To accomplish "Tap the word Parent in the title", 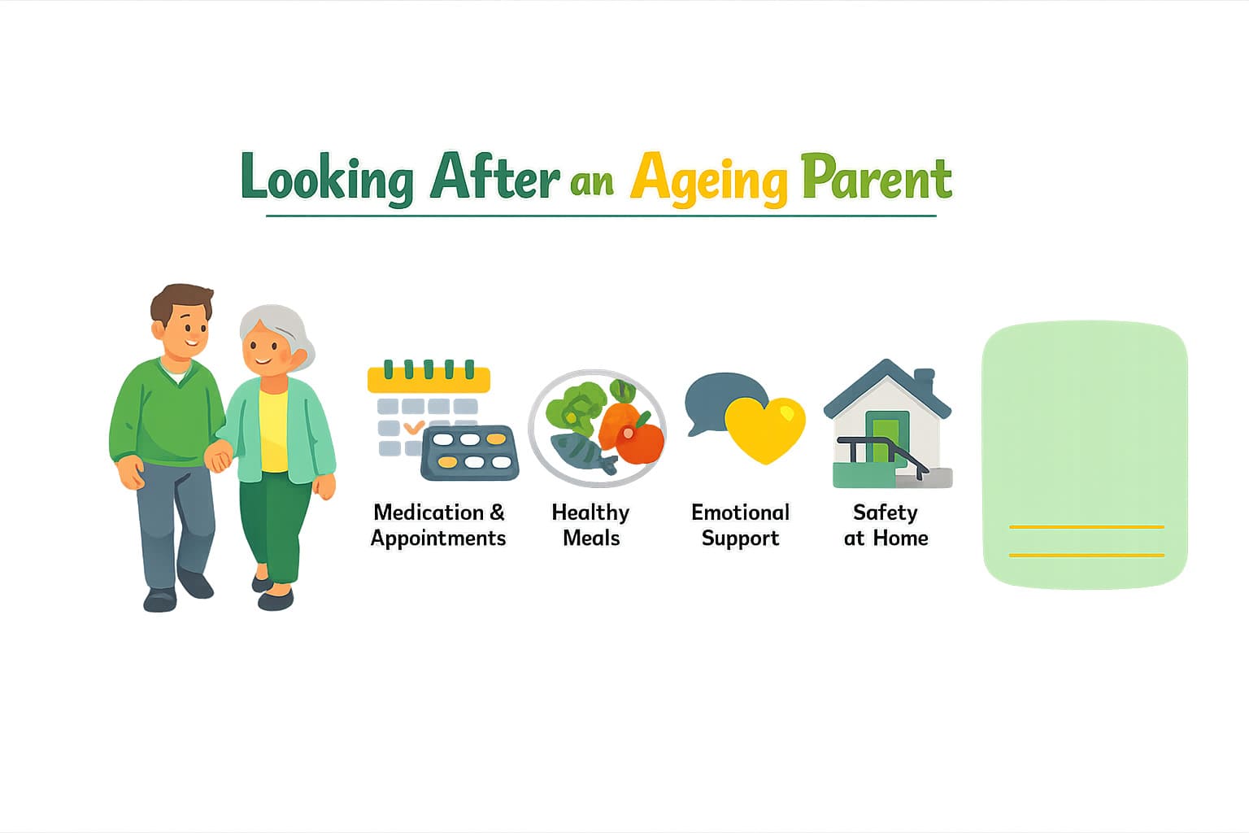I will point(876,177).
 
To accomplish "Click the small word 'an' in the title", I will point(591,182).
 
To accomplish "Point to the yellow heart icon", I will point(764,428).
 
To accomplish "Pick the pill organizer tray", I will point(470,452).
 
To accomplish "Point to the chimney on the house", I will point(924,380).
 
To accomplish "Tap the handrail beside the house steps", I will point(882,449).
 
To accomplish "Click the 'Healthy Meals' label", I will point(591,525).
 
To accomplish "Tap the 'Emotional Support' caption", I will point(740,525).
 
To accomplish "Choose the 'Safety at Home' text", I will point(886,525).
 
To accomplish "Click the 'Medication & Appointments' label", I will point(438,525).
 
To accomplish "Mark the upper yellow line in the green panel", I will point(1086,527).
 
